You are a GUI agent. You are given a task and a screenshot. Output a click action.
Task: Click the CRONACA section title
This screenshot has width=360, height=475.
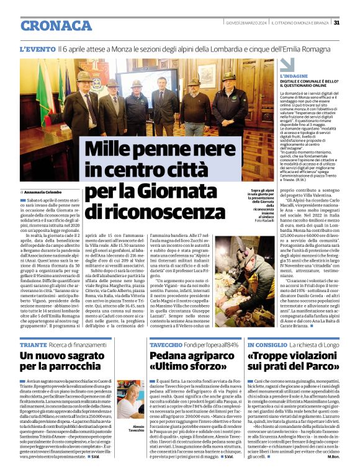click(x=57, y=25)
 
